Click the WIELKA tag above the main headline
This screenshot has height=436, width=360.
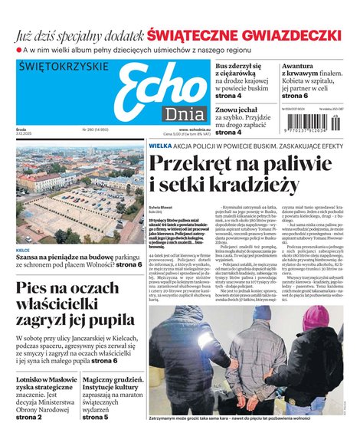pos(159,145)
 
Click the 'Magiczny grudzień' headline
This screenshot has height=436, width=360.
pos(113,380)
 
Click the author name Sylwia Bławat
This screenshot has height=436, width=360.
pos(160,208)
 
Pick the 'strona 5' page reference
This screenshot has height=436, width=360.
pos(96,417)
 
